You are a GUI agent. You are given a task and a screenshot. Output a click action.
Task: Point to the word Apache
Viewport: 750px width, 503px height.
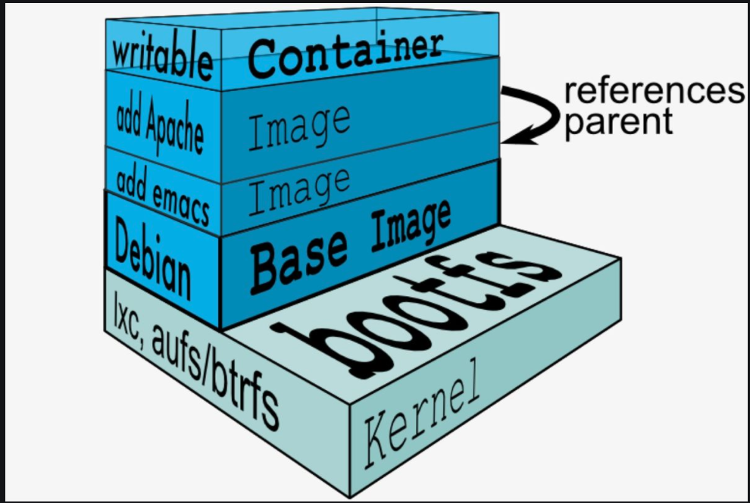click(x=175, y=128)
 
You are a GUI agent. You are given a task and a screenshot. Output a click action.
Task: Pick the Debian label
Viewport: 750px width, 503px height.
click(x=152, y=258)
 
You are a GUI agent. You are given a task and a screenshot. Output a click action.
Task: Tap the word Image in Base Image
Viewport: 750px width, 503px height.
click(x=411, y=227)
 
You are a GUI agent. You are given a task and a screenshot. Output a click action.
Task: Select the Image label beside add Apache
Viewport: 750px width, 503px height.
click(x=299, y=129)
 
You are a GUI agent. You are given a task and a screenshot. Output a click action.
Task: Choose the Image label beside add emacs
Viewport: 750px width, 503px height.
click(x=299, y=191)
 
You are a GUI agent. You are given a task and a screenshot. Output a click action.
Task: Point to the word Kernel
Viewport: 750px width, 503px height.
click(x=422, y=413)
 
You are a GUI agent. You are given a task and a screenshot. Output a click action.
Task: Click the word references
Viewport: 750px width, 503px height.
click(x=655, y=91)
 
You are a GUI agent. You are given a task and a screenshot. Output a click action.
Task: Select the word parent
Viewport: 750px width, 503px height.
click(x=620, y=123)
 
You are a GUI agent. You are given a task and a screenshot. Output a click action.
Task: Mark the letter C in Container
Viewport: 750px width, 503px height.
click(x=263, y=60)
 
